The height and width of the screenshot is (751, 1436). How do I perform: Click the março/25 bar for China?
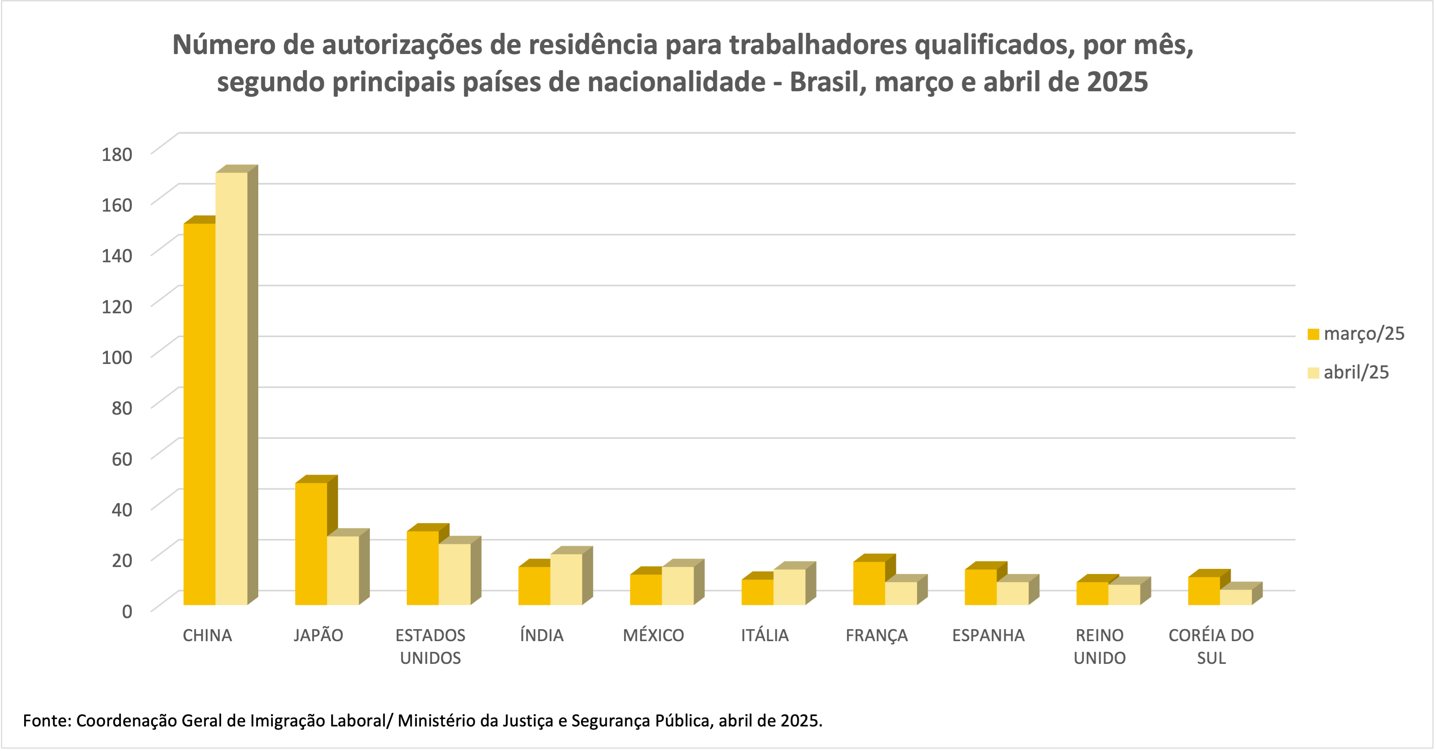(x=199, y=413)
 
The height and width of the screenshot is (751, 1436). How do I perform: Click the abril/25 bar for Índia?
(x=566, y=579)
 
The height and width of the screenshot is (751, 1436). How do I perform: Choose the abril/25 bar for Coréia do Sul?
(x=1236, y=597)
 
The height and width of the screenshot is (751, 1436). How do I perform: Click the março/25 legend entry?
(x=1356, y=334)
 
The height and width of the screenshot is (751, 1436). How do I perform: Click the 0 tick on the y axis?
(x=127, y=611)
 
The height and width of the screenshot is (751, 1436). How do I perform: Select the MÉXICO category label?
(x=653, y=636)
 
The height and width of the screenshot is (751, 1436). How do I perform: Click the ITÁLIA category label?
(x=765, y=636)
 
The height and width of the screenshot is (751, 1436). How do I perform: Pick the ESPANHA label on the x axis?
(x=988, y=636)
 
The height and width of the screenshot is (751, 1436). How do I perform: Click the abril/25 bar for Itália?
(x=789, y=587)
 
